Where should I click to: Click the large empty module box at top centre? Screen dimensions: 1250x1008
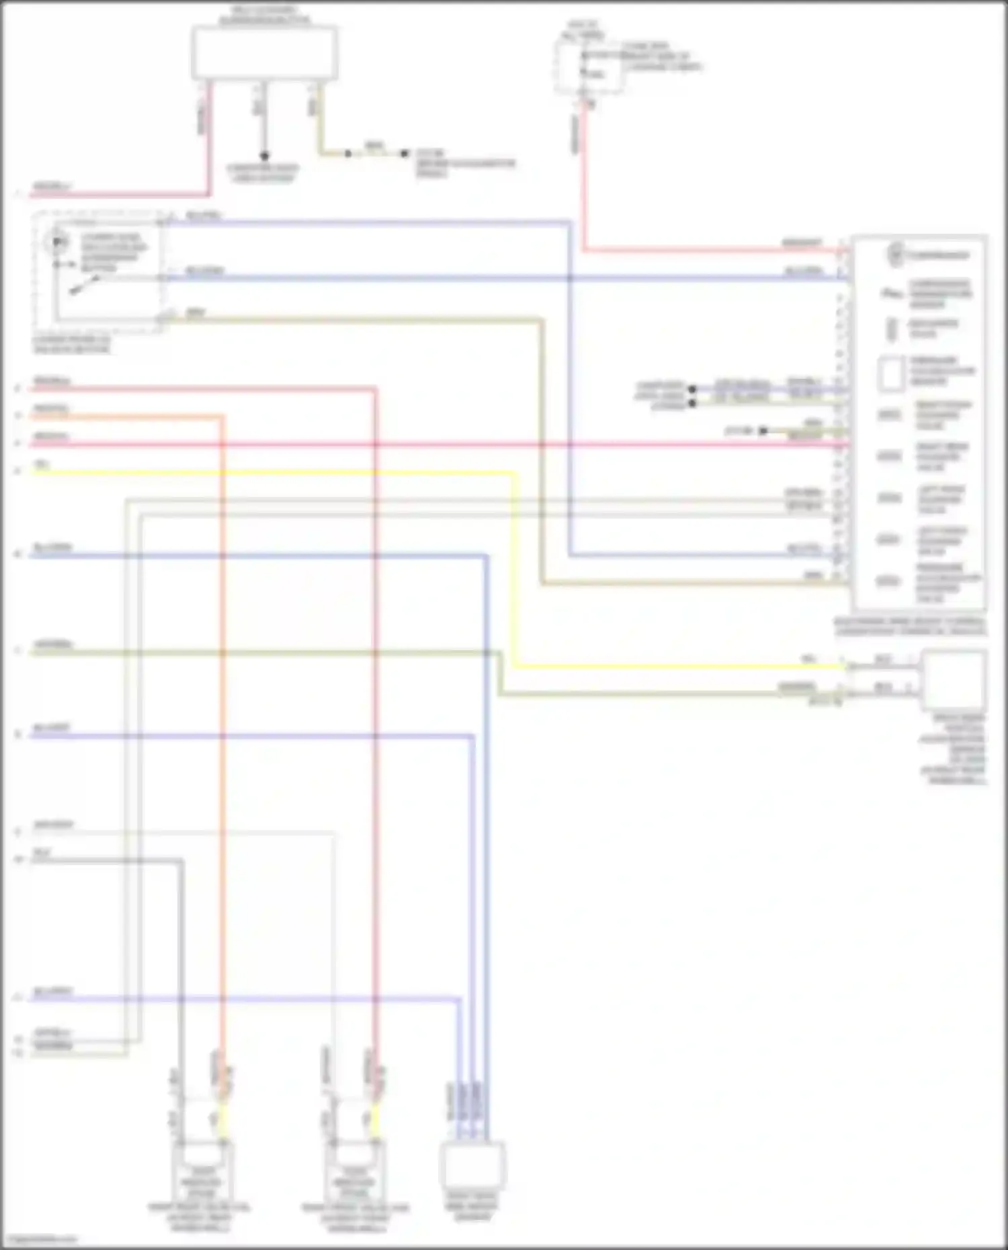(x=265, y=54)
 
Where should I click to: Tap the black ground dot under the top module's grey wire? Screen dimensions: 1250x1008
(x=264, y=155)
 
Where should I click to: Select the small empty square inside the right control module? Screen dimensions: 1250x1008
(x=891, y=373)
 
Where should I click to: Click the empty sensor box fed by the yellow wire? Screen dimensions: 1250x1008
(x=954, y=680)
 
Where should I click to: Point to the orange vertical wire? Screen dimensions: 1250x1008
(x=221, y=739)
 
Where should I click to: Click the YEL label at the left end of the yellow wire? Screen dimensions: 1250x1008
(x=42, y=465)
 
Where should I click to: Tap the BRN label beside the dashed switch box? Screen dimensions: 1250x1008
(x=195, y=312)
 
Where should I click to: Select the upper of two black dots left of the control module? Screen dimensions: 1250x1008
(x=691, y=389)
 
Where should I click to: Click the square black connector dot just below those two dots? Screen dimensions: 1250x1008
(x=763, y=431)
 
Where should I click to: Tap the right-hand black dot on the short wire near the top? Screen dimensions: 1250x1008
(x=404, y=154)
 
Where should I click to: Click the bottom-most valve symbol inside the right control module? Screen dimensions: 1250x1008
(x=888, y=581)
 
